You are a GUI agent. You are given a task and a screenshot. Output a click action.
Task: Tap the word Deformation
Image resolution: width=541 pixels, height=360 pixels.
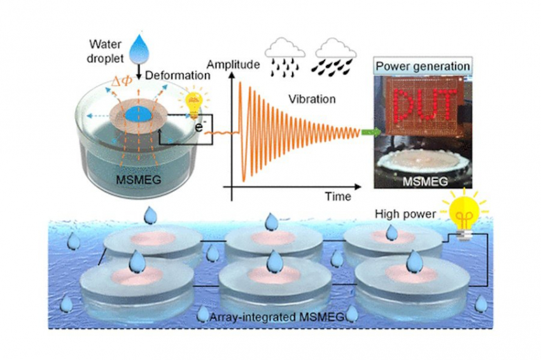click(178, 76)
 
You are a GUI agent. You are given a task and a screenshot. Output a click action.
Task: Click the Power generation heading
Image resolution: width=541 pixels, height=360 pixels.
click(422, 66)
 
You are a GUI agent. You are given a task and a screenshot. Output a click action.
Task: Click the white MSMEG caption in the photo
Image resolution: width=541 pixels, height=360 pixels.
click(423, 181)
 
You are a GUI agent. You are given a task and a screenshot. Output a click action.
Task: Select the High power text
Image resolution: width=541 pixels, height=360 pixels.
click(405, 214)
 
